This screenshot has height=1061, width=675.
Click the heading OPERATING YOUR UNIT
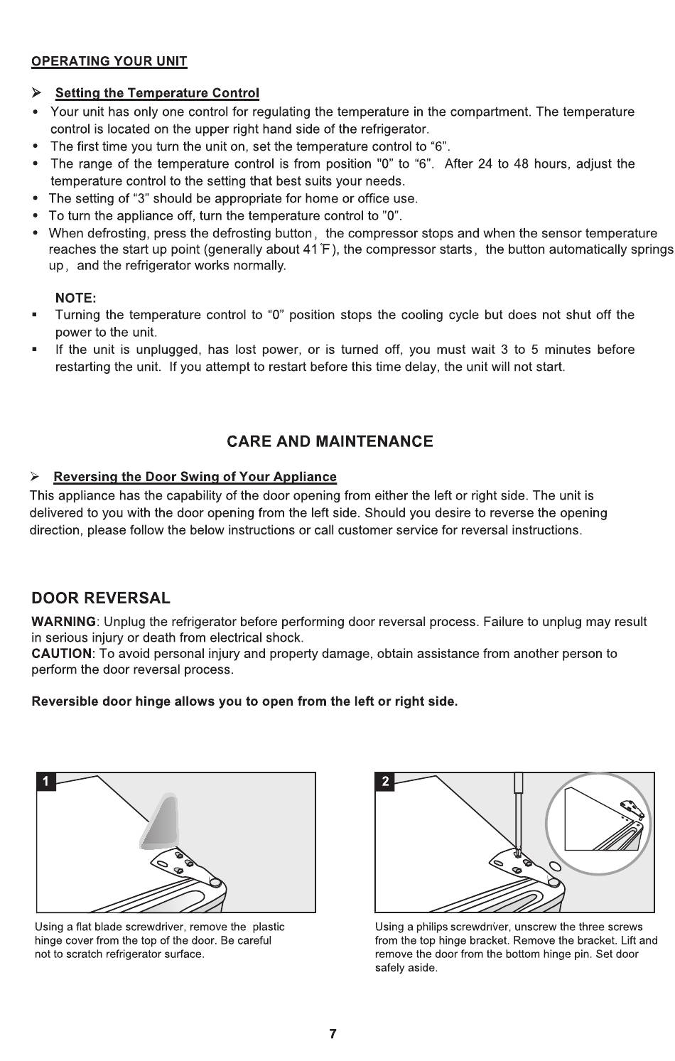click(x=109, y=61)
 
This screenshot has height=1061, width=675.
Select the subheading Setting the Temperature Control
click(x=157, y=93)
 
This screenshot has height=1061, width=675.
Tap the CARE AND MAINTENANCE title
click(x=330, y=441)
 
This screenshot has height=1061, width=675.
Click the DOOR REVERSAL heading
click(x=101, y=598)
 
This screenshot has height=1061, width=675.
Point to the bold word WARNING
click(x=63, y=622)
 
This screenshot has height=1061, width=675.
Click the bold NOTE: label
click(x=75, y=298)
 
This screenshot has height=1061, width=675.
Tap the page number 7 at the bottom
click(x=333, y=1034)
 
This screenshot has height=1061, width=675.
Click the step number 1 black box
click(x=45, y=782)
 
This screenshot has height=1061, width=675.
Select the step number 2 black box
click(x=385, y=782)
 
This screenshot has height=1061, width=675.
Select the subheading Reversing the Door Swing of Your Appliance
click(x=195, y=477)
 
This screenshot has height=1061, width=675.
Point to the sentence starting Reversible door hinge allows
click(x=244, y=701)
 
